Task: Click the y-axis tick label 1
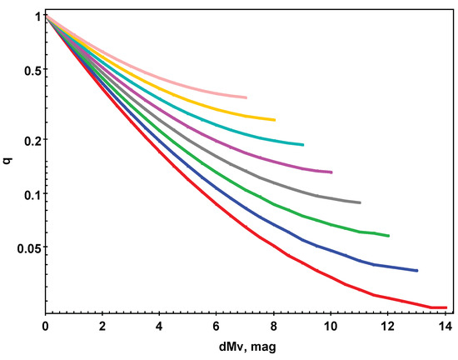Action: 37,17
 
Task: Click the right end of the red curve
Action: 446,307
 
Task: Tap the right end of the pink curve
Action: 246,97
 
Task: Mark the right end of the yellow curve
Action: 275,120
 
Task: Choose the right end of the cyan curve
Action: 303,145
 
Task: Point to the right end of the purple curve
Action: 331,172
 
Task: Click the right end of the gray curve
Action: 360,202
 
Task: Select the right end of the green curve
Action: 388,236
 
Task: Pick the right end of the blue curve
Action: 416,270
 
